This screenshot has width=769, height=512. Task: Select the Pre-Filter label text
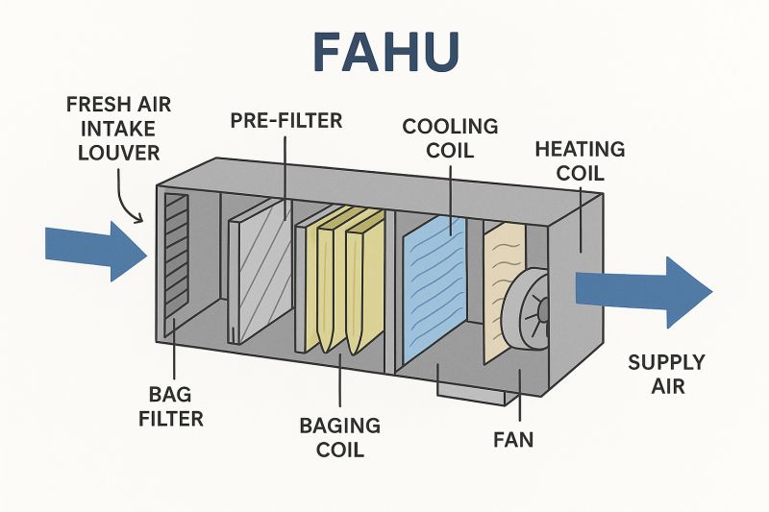[x=286, y=121]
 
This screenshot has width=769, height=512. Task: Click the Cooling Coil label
[x=450, y=138]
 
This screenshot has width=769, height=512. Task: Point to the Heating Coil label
[x=580, y=161]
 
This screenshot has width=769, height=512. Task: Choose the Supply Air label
[x=666, y=375]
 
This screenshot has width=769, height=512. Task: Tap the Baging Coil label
[x=339, y=437]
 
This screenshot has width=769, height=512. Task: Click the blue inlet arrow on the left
[x=92, y=248]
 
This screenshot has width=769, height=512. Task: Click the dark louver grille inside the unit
[x=176, y=259]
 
